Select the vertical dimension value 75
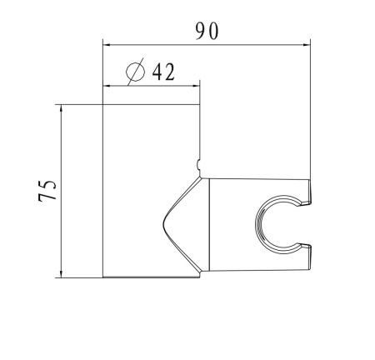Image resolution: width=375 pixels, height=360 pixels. pyautogui.click(x=48, y=191)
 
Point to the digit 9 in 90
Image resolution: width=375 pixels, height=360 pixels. pyautogui.click(x=199, y=31)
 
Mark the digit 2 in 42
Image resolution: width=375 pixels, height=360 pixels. pyautogui.click(x=169, y=72)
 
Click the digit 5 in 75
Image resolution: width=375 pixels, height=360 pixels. pyautogui.click(x=48, y=184)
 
